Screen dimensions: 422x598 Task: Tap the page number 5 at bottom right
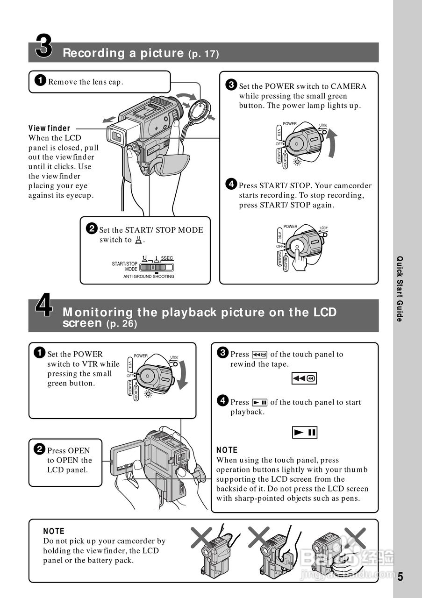pyautogui.click(x=400, y=577)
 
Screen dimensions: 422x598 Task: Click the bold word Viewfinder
pyautogui.click(x=49, y=128)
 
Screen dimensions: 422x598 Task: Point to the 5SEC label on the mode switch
pyautogui.click(x=167, y=258)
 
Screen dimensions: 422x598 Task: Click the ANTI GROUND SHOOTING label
pyautogui.click(x=149, y=277)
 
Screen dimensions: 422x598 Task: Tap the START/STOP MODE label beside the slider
pyautogui.click(x=124, y=266)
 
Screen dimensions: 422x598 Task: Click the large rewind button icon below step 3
pyautogui.click(x=304, y=378)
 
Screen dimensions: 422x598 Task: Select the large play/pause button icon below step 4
pyautogui.click(x=304, y=433)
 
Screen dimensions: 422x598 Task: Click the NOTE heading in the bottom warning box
pyautogui.click(x=54, y=531)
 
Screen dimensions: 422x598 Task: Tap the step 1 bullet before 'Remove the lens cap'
pyautogui.click(x=41, y=81)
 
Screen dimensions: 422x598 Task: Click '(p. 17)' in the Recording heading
pyautogui.click(x=203, y=54)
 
